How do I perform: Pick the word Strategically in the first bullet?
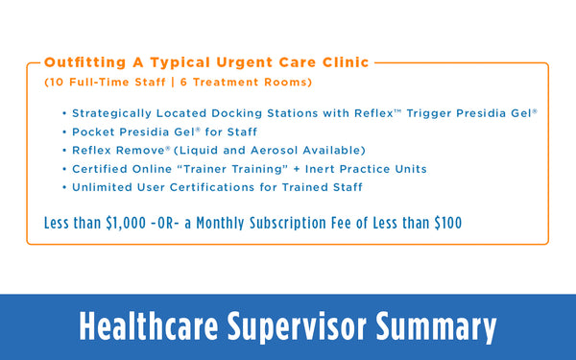point(113,112)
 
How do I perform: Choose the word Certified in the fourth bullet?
point(101,169)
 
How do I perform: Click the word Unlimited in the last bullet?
point(105,187)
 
